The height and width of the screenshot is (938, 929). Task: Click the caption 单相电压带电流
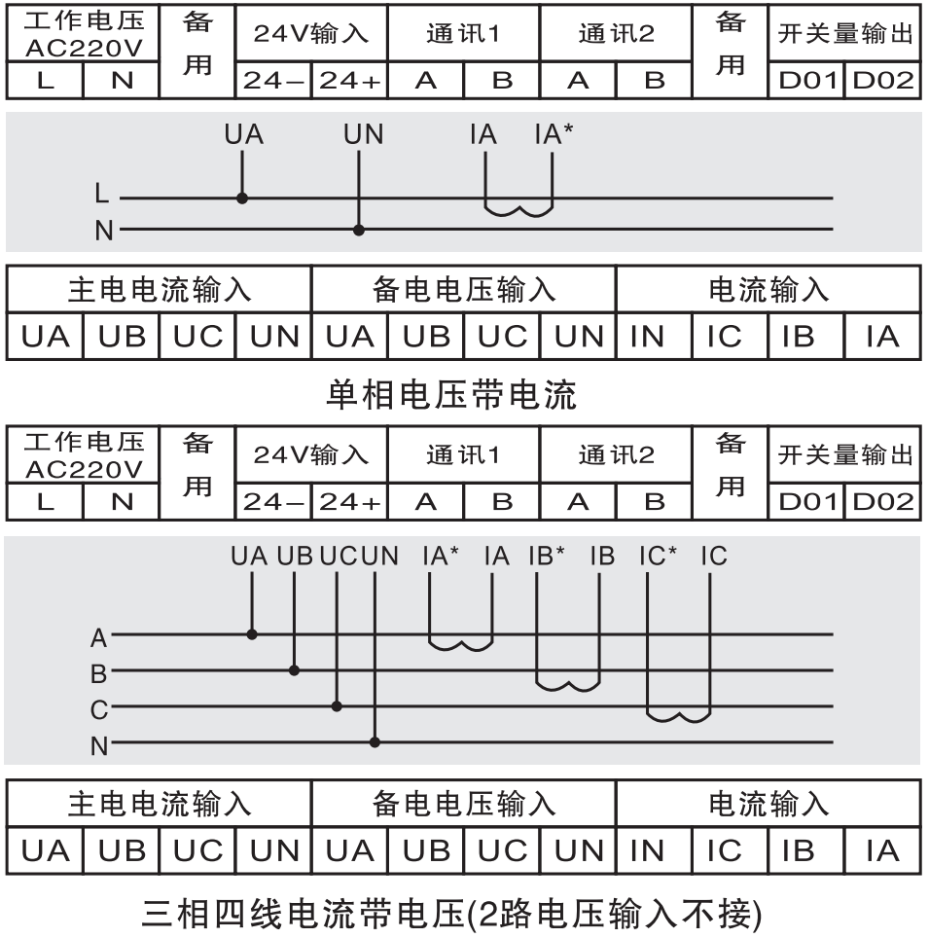[x=450, y=394]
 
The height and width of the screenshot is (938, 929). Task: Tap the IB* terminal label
[x=547, y=557]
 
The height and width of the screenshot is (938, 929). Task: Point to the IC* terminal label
[x=658, y=557]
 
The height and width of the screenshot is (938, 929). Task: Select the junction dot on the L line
[x=242, y=198]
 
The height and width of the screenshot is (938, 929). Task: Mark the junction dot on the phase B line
[x=295, y=670]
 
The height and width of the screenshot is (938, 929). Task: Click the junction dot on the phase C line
[x=337, y=706]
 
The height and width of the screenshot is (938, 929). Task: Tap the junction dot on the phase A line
[x=252, y=634]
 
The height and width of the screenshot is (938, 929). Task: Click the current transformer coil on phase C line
[x=679, y=717]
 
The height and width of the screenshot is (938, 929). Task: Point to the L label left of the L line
[x=102, y=195]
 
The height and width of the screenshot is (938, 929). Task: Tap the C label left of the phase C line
[x=99, y=710]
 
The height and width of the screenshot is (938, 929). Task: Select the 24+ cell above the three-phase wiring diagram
[x=350, y=502]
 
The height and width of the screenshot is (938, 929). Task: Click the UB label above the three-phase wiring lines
[x=295, y=557]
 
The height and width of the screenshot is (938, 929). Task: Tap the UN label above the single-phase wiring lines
[x=363, y=135]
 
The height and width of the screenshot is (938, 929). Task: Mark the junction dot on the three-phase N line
[x=375, y=742]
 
